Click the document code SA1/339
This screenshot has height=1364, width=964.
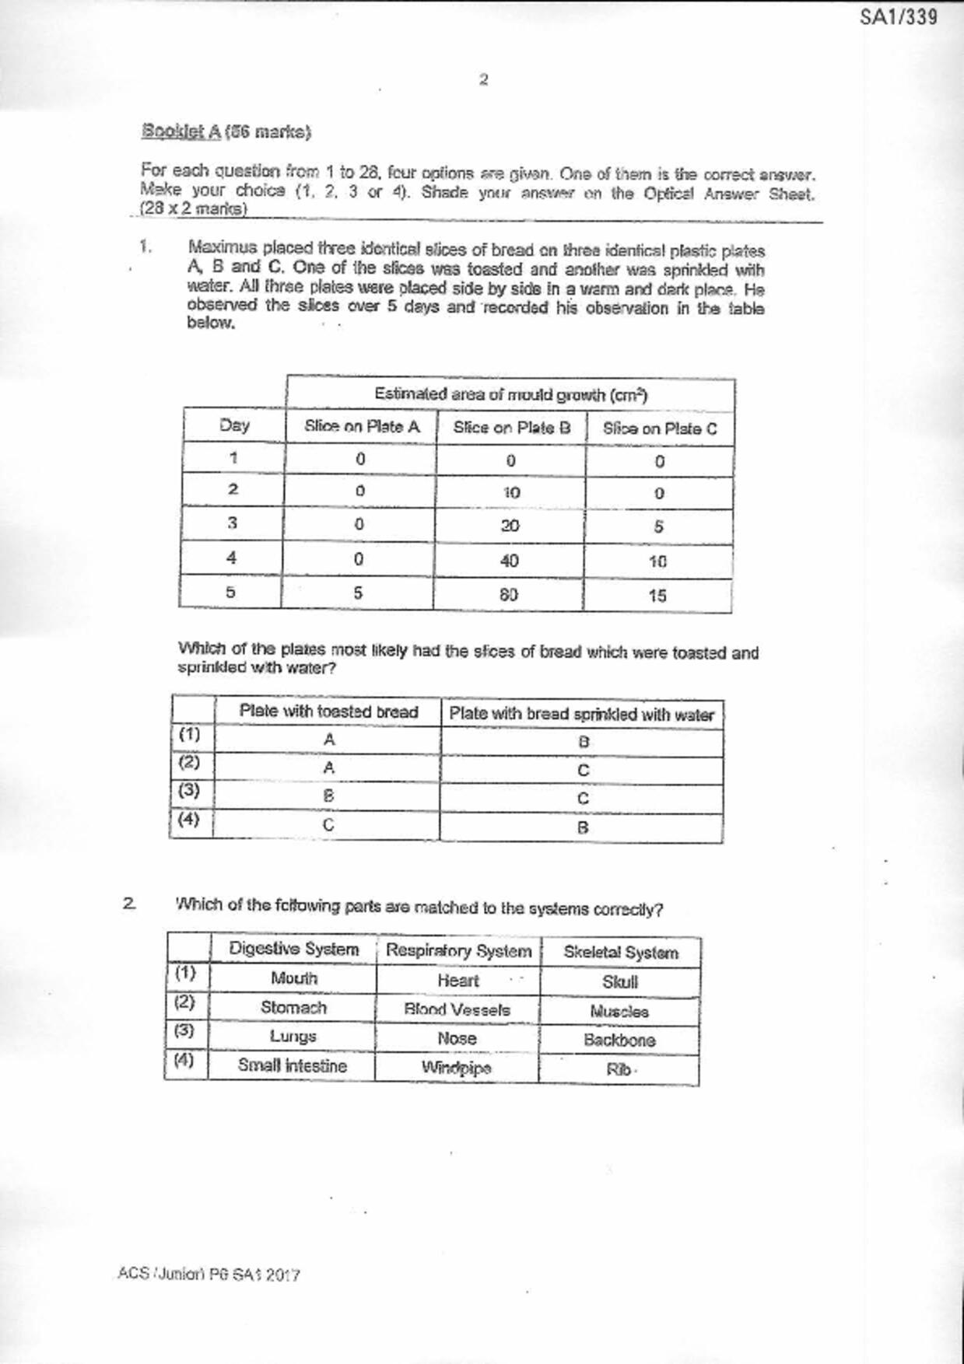898,16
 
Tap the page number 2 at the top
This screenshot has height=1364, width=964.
483,79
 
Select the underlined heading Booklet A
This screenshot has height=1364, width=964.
181,131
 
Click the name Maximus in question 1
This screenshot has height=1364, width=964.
223,249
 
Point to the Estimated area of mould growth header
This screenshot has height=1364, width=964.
510,394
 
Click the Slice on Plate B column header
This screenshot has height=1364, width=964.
511,427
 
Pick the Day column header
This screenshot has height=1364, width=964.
234,425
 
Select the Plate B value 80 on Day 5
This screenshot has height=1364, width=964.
509,594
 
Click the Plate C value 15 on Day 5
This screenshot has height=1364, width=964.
657,596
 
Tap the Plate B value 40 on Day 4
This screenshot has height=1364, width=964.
510,561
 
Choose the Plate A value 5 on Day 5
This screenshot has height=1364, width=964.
358,593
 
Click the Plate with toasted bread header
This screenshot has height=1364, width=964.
328,712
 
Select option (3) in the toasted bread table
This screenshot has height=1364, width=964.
189,791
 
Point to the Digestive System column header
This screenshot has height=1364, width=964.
293,950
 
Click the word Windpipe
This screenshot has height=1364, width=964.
457,1068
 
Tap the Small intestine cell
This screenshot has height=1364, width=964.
292,1065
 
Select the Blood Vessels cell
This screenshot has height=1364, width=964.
457,1010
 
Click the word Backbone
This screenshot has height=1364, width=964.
619,1040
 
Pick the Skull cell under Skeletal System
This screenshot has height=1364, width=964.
620,982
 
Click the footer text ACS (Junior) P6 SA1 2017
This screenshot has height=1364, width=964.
209,1275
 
